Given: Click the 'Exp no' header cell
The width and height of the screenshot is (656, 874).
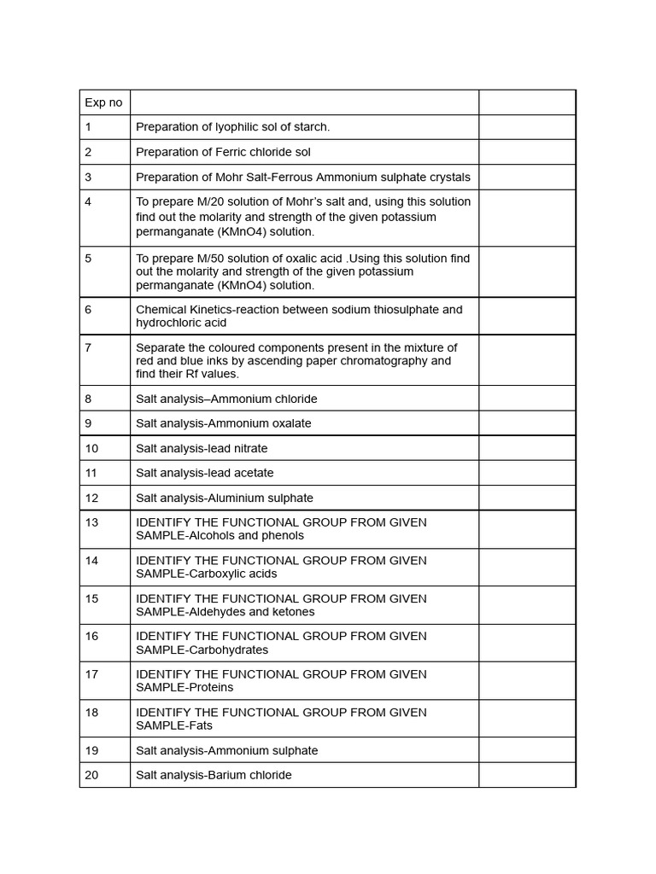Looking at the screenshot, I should (x=103, y=102).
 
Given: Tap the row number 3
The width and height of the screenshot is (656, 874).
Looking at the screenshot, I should (x=88, y=177).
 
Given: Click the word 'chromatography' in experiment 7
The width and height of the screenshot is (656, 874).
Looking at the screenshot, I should (x=384, y=360).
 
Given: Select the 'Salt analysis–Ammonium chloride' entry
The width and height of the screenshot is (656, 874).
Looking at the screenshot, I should (x=226, y=399).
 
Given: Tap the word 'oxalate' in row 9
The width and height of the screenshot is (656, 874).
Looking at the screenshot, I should (x=291, y=423).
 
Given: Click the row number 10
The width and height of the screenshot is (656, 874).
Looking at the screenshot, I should (x=91, y=448).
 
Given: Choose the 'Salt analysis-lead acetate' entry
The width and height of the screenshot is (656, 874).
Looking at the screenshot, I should (x=205, y=473).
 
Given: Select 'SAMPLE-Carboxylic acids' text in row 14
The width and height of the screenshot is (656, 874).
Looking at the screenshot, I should (x=207, y=574).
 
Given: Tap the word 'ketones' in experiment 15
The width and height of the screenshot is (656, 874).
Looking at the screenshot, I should (x=294, y=612).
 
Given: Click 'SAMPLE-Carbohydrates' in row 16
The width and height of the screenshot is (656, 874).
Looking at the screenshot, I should (x=202, y=650).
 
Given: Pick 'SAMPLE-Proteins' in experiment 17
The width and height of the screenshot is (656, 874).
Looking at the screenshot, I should (x=184, y=687).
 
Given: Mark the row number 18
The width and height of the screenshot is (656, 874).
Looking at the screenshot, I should (x=91, y=712).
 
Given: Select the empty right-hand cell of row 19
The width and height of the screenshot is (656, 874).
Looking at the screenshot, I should (x=526, y=750).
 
